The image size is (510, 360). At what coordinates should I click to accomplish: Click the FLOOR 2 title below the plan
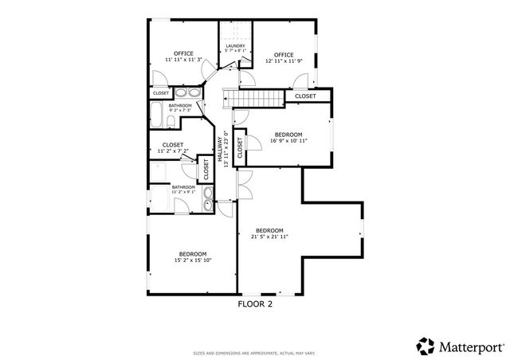pyautogui.click(x=255, y=303)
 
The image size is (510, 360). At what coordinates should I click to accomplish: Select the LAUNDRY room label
pyautogui.click(x=235, y=46)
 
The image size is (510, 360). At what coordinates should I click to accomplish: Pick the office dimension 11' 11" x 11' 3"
pyautogui.click(x=184, y=60)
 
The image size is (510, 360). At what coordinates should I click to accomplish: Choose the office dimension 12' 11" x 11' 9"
pyautogui.click(x=285, y=60)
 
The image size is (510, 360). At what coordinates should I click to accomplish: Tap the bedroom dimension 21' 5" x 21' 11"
pyautogui.click(x=269, y=237)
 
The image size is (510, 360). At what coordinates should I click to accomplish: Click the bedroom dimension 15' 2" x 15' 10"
pyautogui.click(x=193, y=260)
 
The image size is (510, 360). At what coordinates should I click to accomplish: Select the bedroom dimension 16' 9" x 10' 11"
pyautogui.click(x=288, y=141)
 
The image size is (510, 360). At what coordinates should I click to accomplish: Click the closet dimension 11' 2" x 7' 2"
pyautogui.click(x=172, y=151)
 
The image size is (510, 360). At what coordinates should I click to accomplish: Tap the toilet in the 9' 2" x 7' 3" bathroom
pyautogui.click(x=171, y=121)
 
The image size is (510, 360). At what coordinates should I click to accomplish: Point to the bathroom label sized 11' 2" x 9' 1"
pyautogui.click(x=183, y=188)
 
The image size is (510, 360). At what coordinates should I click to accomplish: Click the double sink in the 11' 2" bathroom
pyautogui.click(x=209, y=198)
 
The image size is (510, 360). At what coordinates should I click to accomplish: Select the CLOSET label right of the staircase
pyautogui.click(x=305, y=96)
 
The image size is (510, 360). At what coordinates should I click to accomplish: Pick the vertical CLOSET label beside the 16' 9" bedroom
pyautogui.click(x=239, y=149)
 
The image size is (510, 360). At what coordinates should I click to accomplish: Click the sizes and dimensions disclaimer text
pyautogui.click(x=255, y=353)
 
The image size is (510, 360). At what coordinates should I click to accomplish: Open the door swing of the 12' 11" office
pyautogui.click(x=301, y=80)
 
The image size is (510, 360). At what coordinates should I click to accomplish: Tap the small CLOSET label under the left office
pyautogui.click(x=160, y=93)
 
